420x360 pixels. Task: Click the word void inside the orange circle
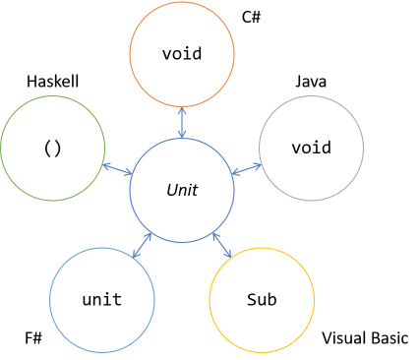click(x=182, y=54)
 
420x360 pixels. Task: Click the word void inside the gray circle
click(x=311, y=148)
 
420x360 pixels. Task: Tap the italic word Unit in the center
click(x=182, y=190)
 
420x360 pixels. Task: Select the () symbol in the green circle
click(x=53, y=148)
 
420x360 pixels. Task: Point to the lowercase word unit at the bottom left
click(x=102, y=299)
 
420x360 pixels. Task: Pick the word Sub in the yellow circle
click(x=262, y=299)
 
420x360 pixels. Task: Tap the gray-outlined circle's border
click(x=363, y=148)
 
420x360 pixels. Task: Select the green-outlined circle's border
click(x=2, y=148)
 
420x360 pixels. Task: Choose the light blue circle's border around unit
click(x=50, y=299)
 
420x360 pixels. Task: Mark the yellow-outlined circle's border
click(x=314, y=299)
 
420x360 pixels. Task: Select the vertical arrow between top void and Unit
click(x=182, y=122)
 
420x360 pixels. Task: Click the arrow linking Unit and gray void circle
click(x=247, y=169)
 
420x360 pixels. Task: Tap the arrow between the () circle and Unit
click(x=117, y=169)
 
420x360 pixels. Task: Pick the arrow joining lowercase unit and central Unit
click(x=143, y=245)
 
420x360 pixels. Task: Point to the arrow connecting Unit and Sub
click(x=221, y=245)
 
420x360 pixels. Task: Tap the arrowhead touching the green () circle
click(x=106, y=165)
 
